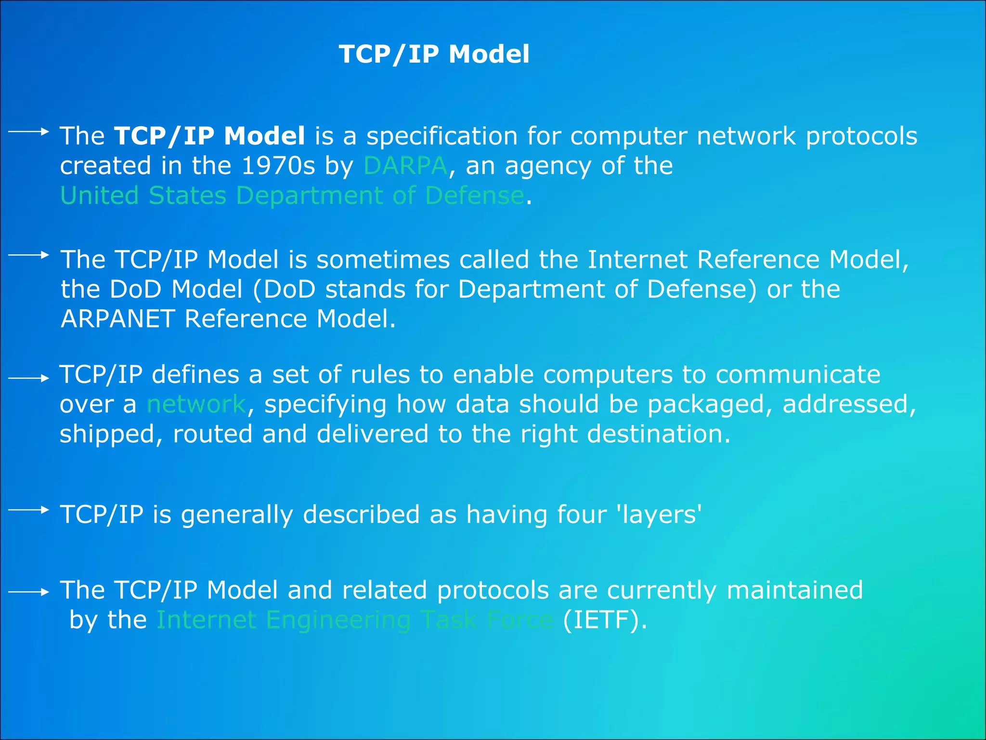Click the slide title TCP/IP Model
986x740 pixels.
coord(434,54)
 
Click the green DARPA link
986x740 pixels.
coord(405,166)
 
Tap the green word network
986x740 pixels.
coord(196,404)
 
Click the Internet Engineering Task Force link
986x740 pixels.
coord(355,620)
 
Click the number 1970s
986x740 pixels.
coord(278,166)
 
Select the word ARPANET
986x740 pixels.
coord(118,319)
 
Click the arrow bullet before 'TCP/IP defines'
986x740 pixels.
coord(29,379)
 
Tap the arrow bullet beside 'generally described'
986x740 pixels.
coord(29,510)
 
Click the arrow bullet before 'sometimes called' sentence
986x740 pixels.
coord(29,255)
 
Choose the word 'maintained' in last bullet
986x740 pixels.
coord(794,590)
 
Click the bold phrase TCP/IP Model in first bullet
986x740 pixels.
coord(209,136)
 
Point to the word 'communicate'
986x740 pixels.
coord(798,375)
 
